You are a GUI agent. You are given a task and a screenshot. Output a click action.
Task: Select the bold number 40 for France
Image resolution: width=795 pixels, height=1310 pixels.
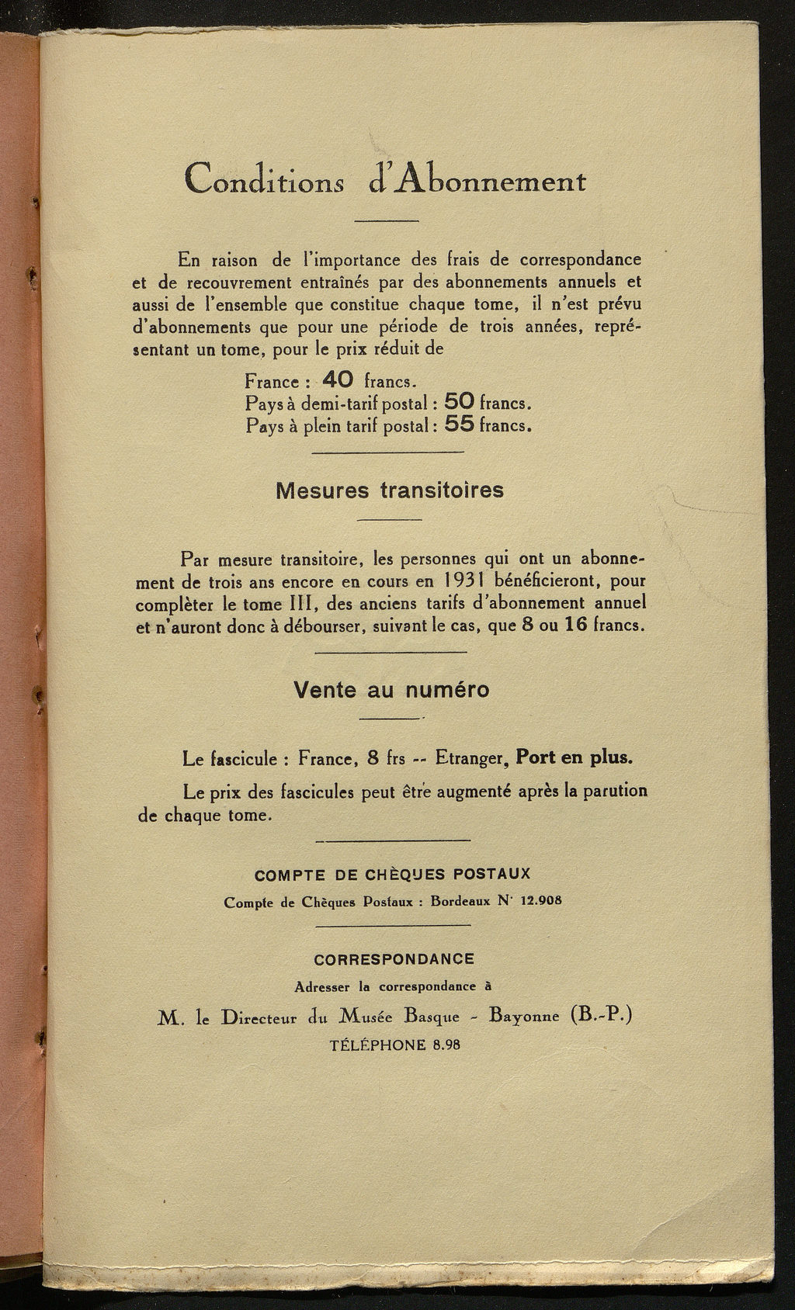pos(338,379)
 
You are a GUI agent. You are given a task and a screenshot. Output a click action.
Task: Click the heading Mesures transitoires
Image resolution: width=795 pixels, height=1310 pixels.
pos(390,490)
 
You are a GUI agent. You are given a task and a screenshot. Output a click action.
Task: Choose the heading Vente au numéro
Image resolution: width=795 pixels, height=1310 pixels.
pos(391,690)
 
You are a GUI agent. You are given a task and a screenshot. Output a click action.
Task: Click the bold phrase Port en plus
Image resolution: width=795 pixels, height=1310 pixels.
pos(575,757)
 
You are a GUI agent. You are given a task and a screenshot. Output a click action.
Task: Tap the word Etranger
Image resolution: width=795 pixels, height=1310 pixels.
pos(467,758)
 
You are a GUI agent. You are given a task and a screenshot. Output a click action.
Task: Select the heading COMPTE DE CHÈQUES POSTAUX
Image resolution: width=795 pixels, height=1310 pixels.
pos(393,874)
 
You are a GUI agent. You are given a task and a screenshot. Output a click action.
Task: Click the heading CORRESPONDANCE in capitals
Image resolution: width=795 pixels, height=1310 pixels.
pos(394,958)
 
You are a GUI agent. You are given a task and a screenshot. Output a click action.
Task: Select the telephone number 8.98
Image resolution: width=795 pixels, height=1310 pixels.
pos(443,1045)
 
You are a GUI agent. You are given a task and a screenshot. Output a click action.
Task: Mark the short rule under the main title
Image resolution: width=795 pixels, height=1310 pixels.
pos(387,222)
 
